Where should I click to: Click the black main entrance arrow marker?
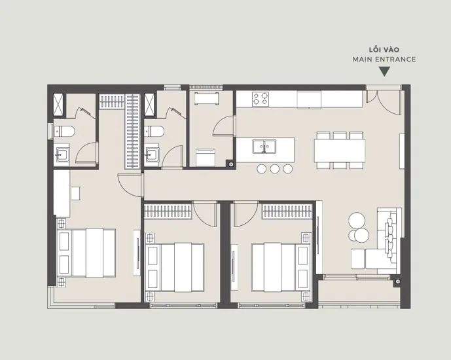coord(384,71)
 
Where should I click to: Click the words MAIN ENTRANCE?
coord(384,60)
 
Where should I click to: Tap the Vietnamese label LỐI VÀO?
coord(384,50)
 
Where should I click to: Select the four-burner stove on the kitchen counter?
coord(261,99)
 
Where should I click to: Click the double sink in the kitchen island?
coord(264,147)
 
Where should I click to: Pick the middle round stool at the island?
coord(274,169)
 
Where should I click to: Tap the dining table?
coord(340,151)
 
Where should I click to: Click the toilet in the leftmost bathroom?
coord(64,132)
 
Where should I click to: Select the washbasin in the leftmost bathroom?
coord(62,154)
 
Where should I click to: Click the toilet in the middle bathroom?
coord(154,132)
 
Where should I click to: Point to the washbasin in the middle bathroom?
coord(152,154)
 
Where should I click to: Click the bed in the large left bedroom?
coord(86,253)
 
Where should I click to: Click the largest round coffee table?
coord(357,221)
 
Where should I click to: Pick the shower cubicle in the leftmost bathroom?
coord(58,105)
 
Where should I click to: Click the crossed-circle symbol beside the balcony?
coord(398,281)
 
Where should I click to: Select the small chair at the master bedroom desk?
coord(76,193)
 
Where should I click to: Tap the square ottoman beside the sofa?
coord(358,259)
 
